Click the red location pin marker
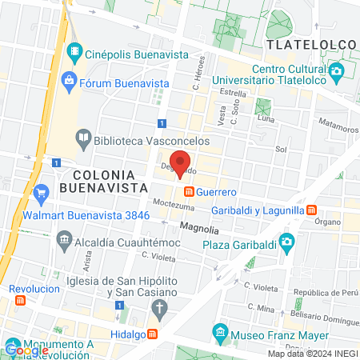point(182,164)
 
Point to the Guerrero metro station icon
point(190,192)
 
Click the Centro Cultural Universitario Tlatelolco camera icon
point(336,71)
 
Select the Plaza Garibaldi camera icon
point(286,241)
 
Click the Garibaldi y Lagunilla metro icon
point(310,210)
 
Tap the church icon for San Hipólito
point(159,308)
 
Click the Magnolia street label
point(200,227)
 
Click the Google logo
point(26,350)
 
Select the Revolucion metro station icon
point(20,300)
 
